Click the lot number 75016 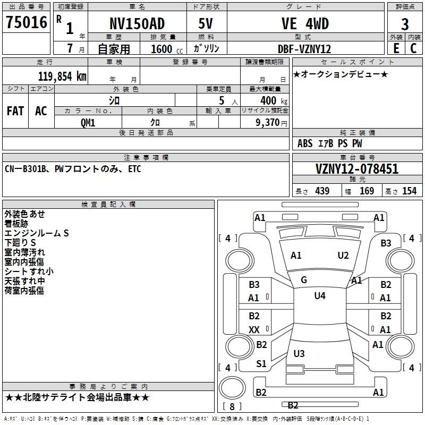coord(27,22)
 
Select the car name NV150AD coord(137,23)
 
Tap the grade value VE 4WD coord(305,23)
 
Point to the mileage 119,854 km coord(62,76)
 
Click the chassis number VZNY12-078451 coord(357,169)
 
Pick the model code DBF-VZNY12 coord(304,49)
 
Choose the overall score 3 coord(405,24)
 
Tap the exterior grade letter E coord(396,48)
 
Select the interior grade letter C coord(413,48)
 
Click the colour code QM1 coord(88,123)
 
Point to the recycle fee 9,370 coord(268,123)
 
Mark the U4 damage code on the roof coord(320,296)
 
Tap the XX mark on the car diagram coord(254,329)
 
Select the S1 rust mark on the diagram coord(261,364)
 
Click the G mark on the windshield coord(304,280)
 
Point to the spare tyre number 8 coord(232,406)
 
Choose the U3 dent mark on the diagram coord(299,353)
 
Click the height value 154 coord(409,191)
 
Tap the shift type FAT coord(15,111)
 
